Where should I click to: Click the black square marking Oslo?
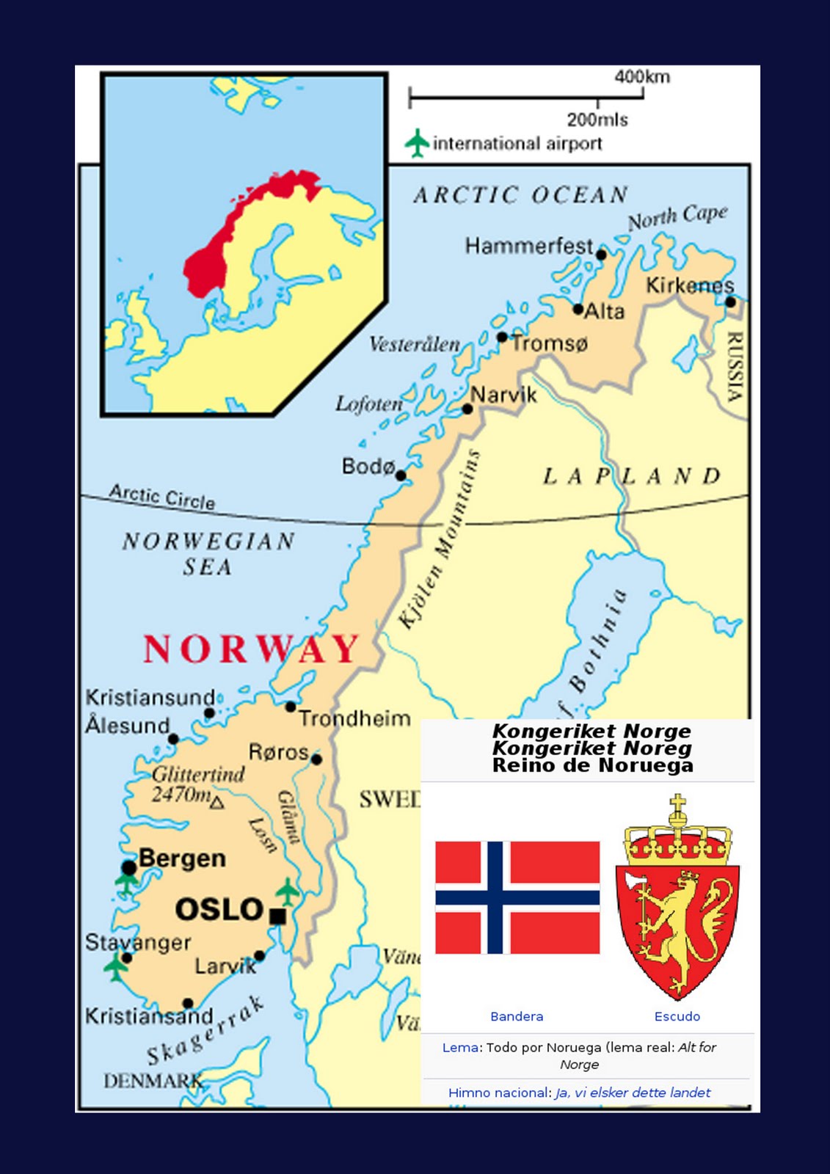(277, 916)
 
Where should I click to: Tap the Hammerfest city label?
(529, 246)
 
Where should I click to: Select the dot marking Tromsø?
(502, 338)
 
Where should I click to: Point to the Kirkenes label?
(689, 285)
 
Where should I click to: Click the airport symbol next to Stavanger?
(116, 966)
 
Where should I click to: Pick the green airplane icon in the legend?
(417, 142)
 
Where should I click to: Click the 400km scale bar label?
(641, 77)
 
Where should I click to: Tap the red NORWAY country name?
(251, 649)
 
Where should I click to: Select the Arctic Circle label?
(162, 497)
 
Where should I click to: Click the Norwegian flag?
(517, 897)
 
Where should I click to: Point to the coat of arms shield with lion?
(677, 928)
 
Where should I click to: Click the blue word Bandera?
(517, 1016)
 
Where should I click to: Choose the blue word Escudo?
(677, 1016)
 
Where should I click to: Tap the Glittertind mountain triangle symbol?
(216, 803)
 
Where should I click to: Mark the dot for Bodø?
(401, 475)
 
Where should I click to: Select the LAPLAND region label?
(632, 476)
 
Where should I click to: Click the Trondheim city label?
(354, 718)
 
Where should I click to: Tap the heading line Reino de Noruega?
(592, 765)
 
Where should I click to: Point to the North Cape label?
(677, 216)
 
